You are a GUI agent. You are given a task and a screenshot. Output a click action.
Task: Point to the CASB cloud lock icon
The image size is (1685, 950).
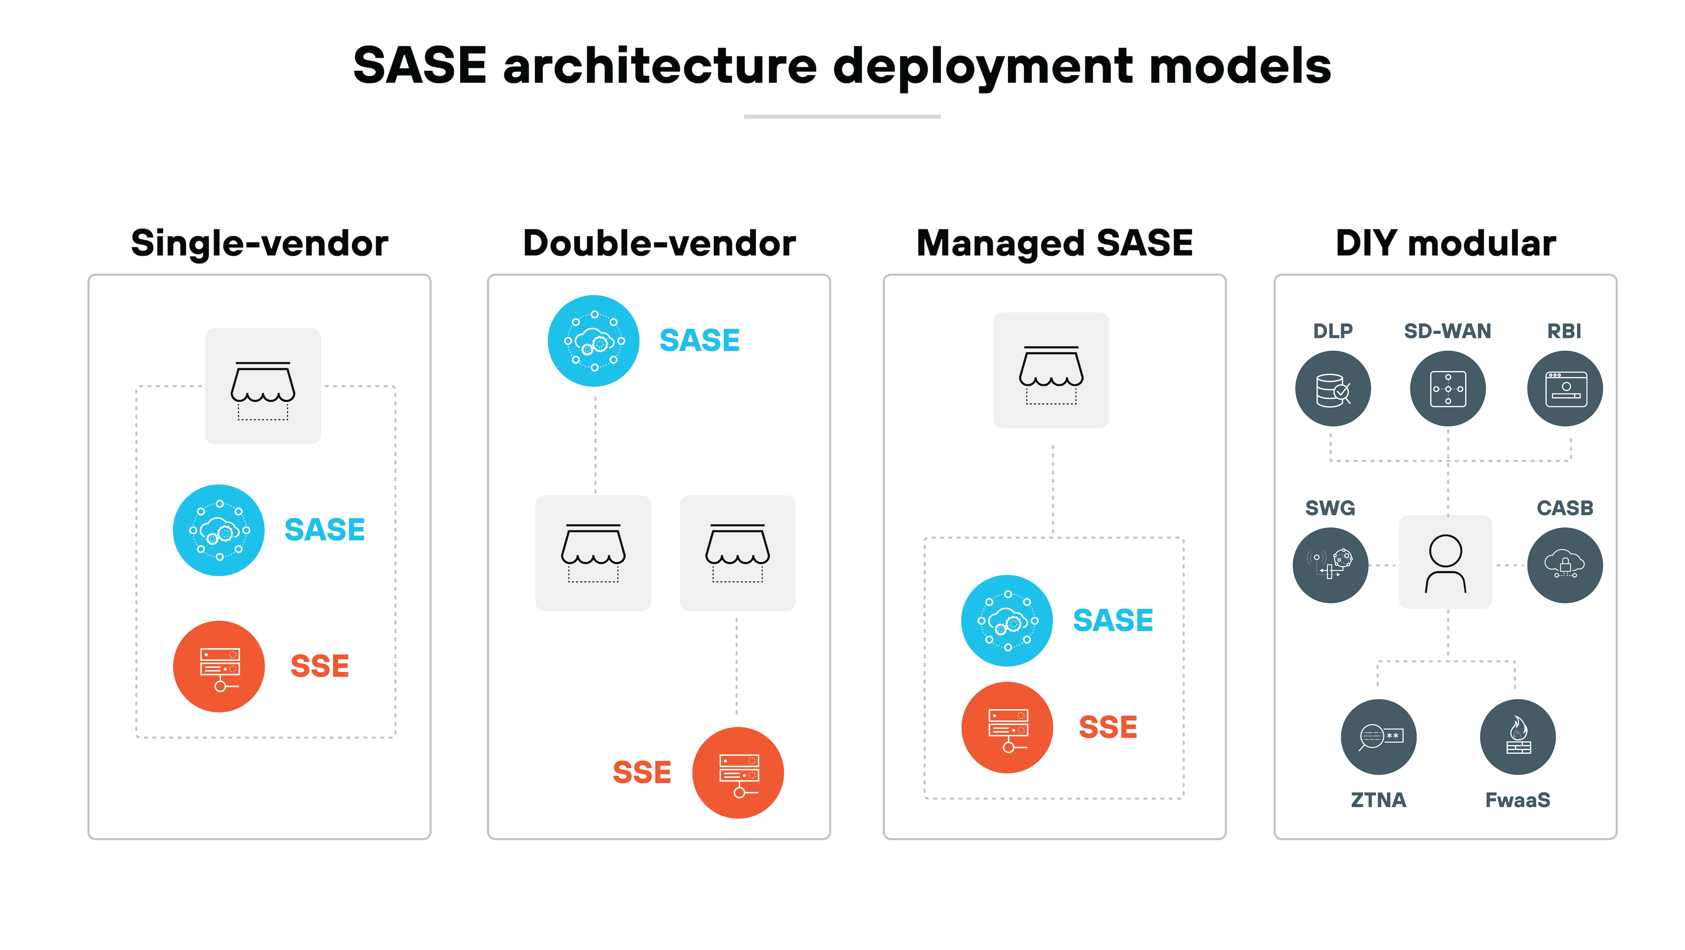pos(1565,565)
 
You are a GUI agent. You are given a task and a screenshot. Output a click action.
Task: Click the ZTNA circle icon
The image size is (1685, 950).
pos(1378,737)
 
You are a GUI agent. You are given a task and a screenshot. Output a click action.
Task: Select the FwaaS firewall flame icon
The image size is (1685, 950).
pos(1518,737)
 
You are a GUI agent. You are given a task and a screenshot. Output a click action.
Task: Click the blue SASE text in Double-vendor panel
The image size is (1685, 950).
pos(699,341)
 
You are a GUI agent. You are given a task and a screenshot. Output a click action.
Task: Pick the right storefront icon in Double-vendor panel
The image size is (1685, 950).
pos(737,553)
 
